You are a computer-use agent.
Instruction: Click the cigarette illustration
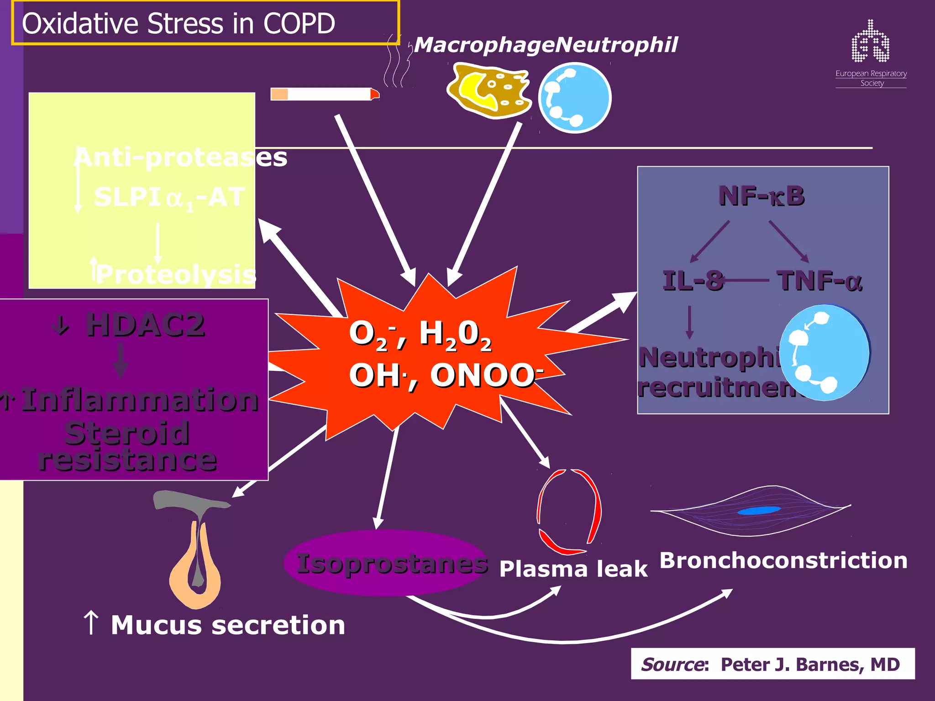tap(324, 94)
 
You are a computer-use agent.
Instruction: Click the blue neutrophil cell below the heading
tap(574, 98)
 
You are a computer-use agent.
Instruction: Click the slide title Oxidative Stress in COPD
tap(179, 23)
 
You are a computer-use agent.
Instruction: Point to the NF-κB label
tap(762, 196)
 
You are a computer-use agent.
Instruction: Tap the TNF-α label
tap(819, 281)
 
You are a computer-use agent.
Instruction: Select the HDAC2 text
tap(145, 325)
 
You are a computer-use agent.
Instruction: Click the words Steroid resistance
tap(127, 446)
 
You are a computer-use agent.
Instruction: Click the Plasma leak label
tap(573, 569)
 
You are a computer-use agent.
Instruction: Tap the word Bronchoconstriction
tap(783, 560)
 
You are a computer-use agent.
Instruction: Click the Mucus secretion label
tap(227, 625)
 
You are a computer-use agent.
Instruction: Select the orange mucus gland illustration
tap(195, 566)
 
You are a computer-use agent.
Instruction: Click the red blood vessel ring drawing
tap(569, 511)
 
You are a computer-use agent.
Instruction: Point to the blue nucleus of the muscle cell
tap(759, 511)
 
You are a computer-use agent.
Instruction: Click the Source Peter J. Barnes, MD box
tap(772, 664)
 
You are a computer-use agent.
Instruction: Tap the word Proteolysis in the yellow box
tap(176, 274)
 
